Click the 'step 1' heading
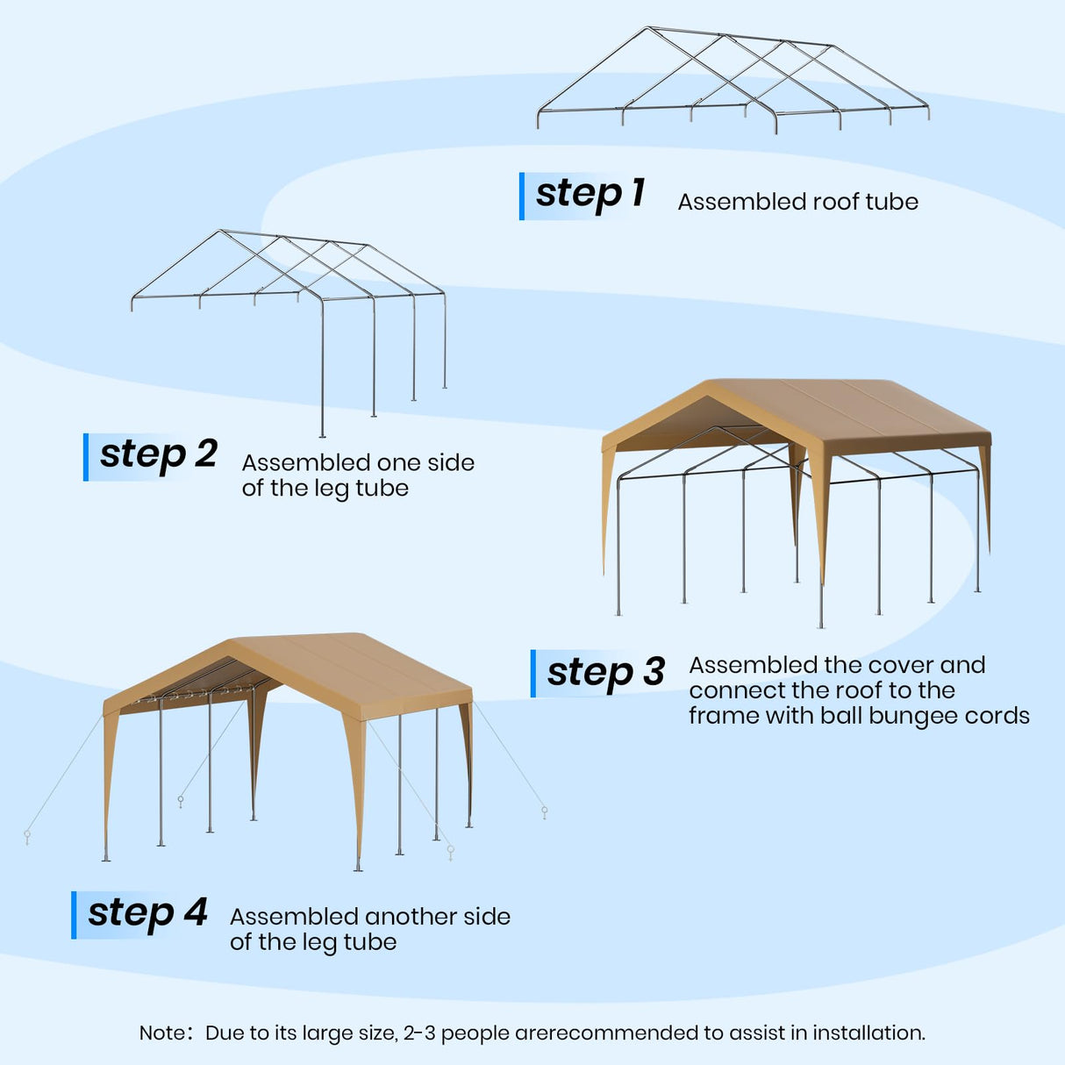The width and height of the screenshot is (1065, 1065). point(590,194)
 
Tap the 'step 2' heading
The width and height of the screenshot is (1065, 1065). point(158,454)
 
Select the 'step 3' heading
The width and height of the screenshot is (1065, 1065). point(605,673)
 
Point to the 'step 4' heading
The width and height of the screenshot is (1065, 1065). point(147,913)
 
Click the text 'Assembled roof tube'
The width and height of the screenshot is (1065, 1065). point(797,202)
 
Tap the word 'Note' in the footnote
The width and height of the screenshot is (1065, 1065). point(161,1033)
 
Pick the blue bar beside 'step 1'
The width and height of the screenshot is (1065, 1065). point(522,196)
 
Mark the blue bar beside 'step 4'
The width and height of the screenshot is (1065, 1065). point(74,915)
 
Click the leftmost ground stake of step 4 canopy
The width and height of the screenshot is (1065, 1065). point(27,836)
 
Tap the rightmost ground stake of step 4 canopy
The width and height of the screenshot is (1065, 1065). point(545,811)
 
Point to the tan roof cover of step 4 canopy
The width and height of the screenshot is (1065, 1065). point(351,667)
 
